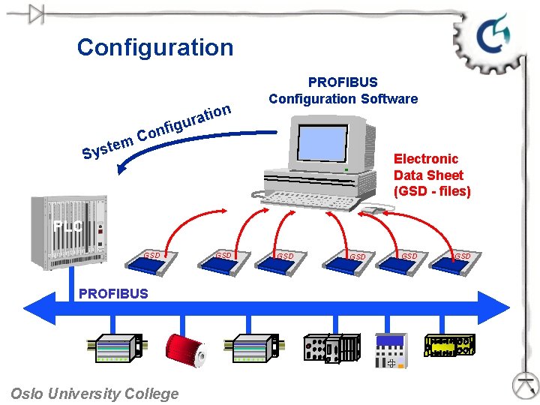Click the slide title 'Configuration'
point(155,47)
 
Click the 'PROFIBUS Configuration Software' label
point(343,90)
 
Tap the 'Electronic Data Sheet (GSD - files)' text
point(432,175)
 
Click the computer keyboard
point(307,199)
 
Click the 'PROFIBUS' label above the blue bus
point(113,293)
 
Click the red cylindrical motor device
point(186,350)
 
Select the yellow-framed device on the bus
point(449,347)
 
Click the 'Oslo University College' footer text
point(94,394)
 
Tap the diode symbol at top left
point(34,13)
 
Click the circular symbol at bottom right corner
point(526,385)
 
